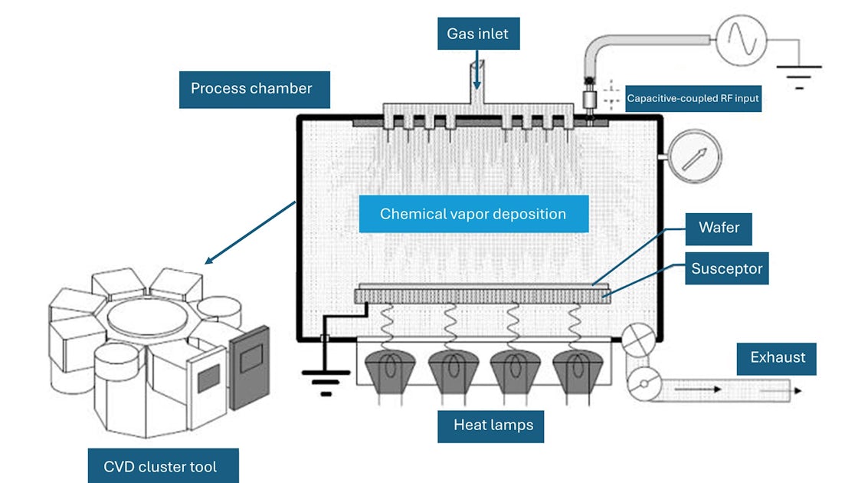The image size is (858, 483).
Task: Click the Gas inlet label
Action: [477, 34]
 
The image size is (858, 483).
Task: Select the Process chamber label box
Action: [251, 89]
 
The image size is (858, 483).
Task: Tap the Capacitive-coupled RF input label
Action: [693, 98]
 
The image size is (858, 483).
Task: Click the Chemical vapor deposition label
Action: [473, 214]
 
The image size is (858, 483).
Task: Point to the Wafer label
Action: [719, 228]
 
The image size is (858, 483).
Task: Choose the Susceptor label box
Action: [726, 269]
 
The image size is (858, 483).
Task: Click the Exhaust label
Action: [777, 358]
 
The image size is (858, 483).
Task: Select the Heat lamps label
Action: [493, 425]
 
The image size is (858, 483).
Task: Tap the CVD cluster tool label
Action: [160, 466]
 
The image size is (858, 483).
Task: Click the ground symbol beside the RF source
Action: [799, 74]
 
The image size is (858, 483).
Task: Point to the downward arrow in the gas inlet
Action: [476, 77]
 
